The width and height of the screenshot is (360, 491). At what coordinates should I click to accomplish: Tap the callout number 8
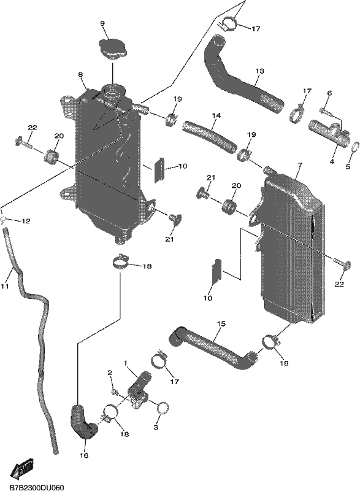tap(80, 74)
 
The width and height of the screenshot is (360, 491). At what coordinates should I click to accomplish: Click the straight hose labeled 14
tap(209, 137)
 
